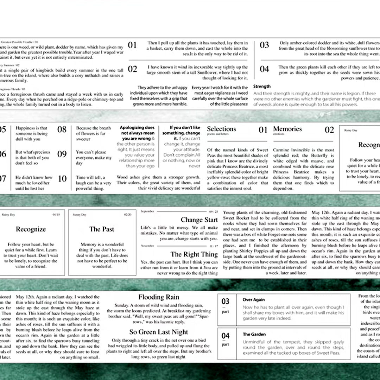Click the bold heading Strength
(x=262, y=87)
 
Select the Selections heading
(x=221, y=129)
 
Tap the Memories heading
(x=287, y=129)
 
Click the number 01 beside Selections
(x=263, y=130)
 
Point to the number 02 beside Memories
(x=329, y=130)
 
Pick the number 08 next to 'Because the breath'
(x=62, y=129)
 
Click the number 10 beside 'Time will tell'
(x=62, y=179)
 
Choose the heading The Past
(x=102, y=229)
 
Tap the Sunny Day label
(x=79, y=215)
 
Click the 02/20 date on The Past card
(x=128, y=215)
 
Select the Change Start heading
(x=199, y=220)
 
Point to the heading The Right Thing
(x=194, y=254)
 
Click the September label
(x=147, y=211)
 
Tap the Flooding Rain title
(x=159, y=297)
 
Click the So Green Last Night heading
(x=159, y=332)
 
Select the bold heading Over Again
(x=254, y=300)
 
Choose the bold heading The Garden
(x=254, y=334)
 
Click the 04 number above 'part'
(x=226, y=336)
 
